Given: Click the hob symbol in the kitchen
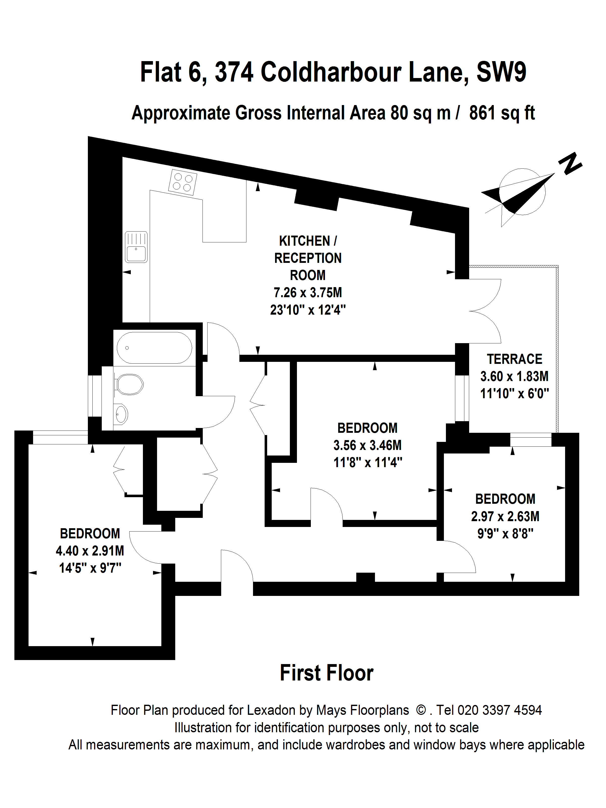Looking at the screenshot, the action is click(x=182, y=182).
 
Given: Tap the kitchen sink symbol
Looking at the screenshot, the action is click(x=136, y=247).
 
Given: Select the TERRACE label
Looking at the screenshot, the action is click(x=514, y=359).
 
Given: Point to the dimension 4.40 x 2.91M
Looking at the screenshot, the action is click(x=90, y=551).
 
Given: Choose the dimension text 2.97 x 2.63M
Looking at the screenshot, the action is click(x=505, y=517).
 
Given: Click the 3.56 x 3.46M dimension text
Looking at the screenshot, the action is click(x=367, y=445).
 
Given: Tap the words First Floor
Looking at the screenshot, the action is click(x=326, y=673).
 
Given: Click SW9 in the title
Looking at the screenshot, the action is click(x=501, y=72).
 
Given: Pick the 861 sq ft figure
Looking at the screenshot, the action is click(x=502, y=113).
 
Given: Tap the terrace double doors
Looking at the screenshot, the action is click(x=485, y=311).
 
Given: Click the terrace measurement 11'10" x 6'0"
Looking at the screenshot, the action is click(x=514, y=393).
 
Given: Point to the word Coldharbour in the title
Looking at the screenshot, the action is click(x=331, y=72).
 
